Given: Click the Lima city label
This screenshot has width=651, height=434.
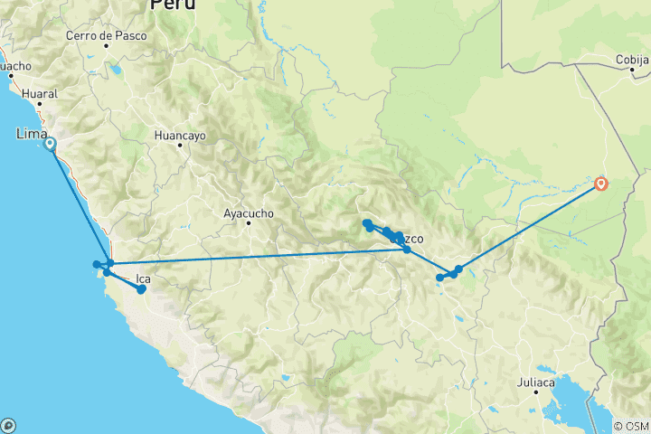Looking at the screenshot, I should coord(33,134).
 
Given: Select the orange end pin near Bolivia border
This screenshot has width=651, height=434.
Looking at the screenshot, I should coord(601,184).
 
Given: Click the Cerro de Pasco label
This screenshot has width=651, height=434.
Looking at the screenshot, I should coord(101,36).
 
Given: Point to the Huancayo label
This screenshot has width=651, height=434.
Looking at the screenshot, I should coord(180,135).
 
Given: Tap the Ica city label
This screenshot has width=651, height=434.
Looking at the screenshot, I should coord(143,278).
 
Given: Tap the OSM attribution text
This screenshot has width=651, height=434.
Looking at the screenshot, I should coord(631,426).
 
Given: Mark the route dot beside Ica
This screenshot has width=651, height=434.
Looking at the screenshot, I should coord(141,289).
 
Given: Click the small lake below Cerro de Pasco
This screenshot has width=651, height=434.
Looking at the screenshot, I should coord(115,68).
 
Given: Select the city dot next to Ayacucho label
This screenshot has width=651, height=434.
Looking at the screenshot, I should coord(248,223).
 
